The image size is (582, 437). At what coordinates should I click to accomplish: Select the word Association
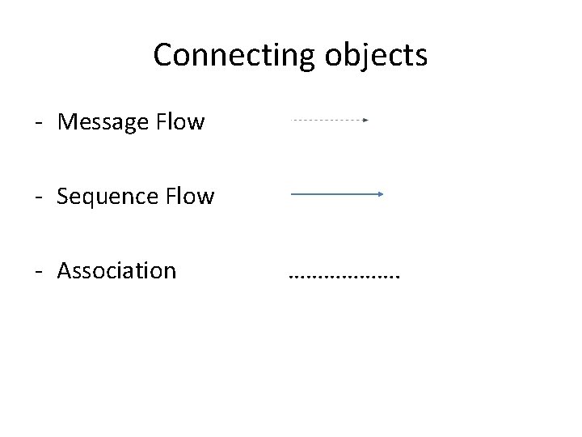pos(116,269)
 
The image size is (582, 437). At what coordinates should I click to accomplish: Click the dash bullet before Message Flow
pos(39,124)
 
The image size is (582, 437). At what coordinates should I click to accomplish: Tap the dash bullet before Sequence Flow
pos(39,197)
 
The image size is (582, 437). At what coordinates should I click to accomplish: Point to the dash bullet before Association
pos(39,271)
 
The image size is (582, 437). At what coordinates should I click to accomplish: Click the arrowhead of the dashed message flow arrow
pos(365,120)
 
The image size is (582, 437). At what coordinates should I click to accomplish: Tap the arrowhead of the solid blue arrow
pos(380,195)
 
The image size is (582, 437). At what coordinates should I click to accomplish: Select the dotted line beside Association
pos(344,277)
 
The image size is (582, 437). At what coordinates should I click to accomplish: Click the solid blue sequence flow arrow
pos(335,195)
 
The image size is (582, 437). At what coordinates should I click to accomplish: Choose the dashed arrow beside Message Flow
pos(327,120)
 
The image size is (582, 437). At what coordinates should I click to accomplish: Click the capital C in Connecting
pos(162,56)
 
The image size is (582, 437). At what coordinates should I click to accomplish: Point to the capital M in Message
pos(68,122)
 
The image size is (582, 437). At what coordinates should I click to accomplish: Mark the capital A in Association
pos(65,269)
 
